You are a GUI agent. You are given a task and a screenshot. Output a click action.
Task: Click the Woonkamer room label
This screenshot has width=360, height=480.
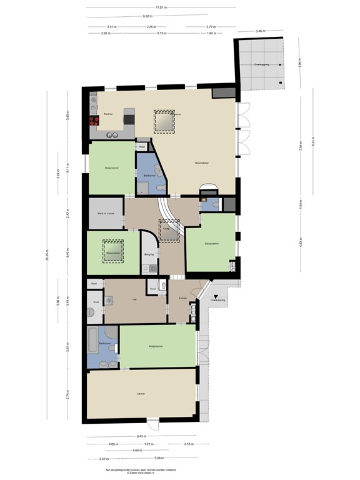[201, 164]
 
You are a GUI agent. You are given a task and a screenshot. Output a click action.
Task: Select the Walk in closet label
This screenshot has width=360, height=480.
[106, 213]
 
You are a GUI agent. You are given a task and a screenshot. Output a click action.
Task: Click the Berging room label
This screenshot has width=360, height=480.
[148, 255]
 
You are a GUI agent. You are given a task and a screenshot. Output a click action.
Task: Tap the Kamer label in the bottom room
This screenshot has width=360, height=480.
[141, 394]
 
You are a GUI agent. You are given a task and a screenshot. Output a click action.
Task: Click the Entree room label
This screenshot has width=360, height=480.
[183, 298]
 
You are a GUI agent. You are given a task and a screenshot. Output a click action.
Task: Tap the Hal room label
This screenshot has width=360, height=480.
[134, 300]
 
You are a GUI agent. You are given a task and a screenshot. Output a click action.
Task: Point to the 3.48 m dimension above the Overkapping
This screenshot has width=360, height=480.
[259, 31]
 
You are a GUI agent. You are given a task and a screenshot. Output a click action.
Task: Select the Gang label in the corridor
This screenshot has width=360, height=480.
[167, 229]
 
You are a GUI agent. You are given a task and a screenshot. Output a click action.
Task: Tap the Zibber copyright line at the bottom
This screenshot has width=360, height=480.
[140, 472]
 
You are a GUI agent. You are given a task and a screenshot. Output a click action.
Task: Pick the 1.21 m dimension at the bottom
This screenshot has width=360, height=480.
[148, 444]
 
